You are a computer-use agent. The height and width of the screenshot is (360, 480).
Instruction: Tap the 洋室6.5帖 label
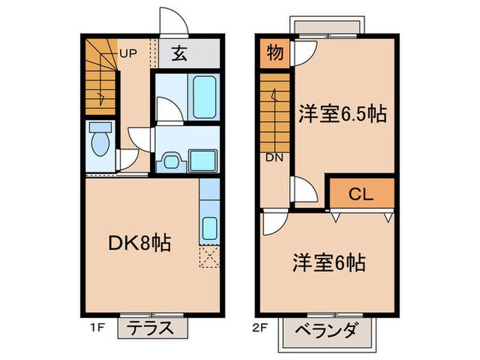[x=340, y=114]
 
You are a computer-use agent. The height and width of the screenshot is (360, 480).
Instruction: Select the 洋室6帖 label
[x=329, y=262]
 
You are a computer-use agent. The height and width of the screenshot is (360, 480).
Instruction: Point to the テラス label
[x=152, y=328]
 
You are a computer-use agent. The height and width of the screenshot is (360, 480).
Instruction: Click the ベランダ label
[x=326, y=331]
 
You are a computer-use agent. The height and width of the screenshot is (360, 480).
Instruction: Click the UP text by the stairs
[x=128, y=52]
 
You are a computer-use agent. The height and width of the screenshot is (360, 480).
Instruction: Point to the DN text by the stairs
[x=274, y=157]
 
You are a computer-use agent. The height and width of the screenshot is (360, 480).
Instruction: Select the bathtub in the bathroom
[x=204, y=98]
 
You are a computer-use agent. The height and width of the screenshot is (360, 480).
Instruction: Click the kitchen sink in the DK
[x=209, y=227]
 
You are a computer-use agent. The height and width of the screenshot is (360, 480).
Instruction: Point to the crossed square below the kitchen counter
[x=209, y=257]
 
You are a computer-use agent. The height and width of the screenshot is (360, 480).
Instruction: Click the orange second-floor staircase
[x=276, y=110]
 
